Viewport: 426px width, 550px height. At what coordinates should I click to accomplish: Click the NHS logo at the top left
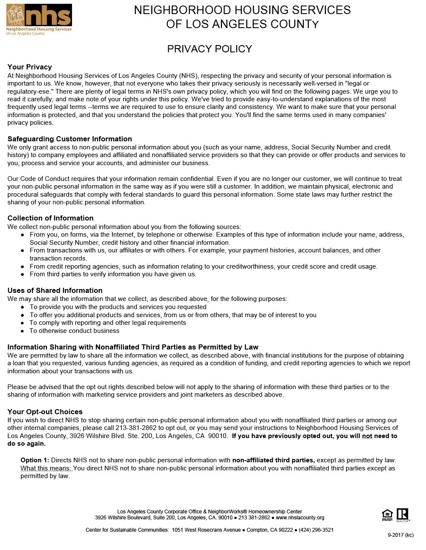coord(39,20)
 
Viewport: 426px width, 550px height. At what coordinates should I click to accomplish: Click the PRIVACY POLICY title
coord(210,49)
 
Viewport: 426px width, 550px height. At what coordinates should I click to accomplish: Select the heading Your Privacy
coord(30,67)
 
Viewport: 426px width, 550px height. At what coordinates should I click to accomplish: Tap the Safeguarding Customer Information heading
coord(69,139)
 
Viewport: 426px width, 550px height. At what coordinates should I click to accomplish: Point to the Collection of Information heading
coord(50,218)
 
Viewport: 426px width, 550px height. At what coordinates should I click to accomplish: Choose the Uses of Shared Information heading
coord(55,290)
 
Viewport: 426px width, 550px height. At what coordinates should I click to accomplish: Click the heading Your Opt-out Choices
coord(45,412)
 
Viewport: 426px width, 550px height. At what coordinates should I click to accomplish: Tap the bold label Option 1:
coord(35,460)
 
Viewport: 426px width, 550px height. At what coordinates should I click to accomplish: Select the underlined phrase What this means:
coord(46,468)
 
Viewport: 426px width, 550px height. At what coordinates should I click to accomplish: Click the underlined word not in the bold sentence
coord(367,436)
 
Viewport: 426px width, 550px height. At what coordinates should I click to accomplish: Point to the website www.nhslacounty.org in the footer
coord(300,518)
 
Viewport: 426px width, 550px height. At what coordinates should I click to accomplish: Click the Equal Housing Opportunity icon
coord(387,515)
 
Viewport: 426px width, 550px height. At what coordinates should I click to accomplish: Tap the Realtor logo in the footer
coord(403,515)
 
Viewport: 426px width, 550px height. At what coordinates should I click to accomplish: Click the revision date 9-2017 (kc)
coord(400,535)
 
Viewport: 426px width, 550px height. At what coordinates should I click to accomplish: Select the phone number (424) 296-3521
coord(316,530)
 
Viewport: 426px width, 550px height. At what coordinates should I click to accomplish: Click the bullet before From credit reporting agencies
coord(23,266)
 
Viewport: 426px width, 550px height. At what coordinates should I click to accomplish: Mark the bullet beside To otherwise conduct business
coord(23,331)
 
